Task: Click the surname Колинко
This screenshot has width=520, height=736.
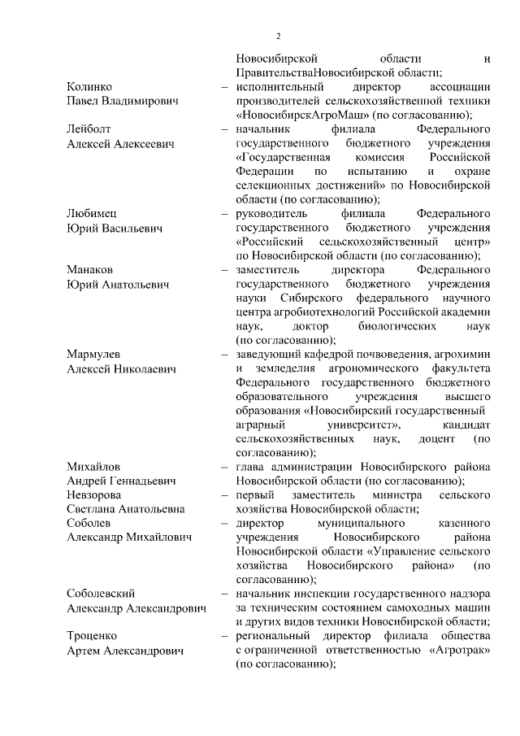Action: point(89,86)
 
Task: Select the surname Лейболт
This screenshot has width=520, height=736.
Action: point(89,128)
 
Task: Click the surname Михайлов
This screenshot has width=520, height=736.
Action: point(93,467)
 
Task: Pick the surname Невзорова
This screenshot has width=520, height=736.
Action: point(96,495)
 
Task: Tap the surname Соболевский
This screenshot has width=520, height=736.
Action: point(102,594)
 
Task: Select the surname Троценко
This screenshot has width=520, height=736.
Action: point(93,636)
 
